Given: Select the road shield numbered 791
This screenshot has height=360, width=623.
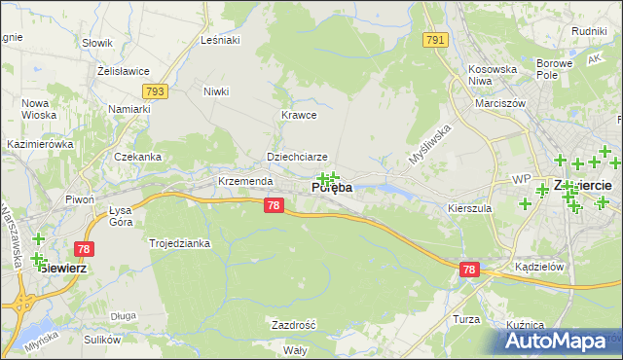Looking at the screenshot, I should (x=435, y=40).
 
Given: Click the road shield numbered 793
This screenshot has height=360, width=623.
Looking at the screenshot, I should (x=154, y=91).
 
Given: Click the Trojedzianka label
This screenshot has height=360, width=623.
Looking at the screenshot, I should (x=179, y=243).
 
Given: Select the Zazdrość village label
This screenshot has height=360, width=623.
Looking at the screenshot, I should (x=293, y=324).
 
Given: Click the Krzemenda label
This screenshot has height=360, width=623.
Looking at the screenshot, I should (x=245, y=182).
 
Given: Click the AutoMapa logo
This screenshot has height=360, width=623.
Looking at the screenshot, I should (x=556, y=342).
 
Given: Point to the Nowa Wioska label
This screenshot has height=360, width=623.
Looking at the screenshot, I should (x=36, y=110).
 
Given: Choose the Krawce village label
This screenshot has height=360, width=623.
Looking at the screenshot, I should (x=300, y=115).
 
